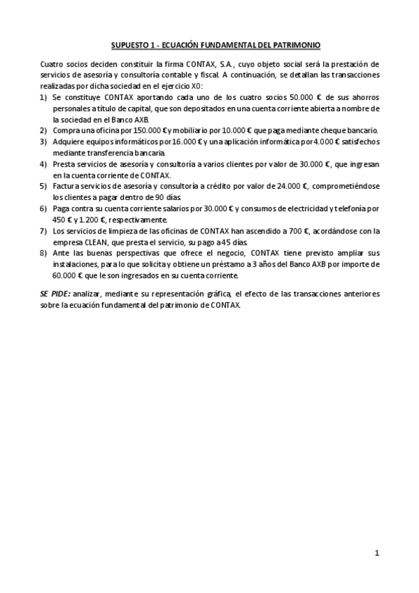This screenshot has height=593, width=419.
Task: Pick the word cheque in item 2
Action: coord(344,130)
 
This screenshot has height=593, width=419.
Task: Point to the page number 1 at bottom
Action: coord(376,554)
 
